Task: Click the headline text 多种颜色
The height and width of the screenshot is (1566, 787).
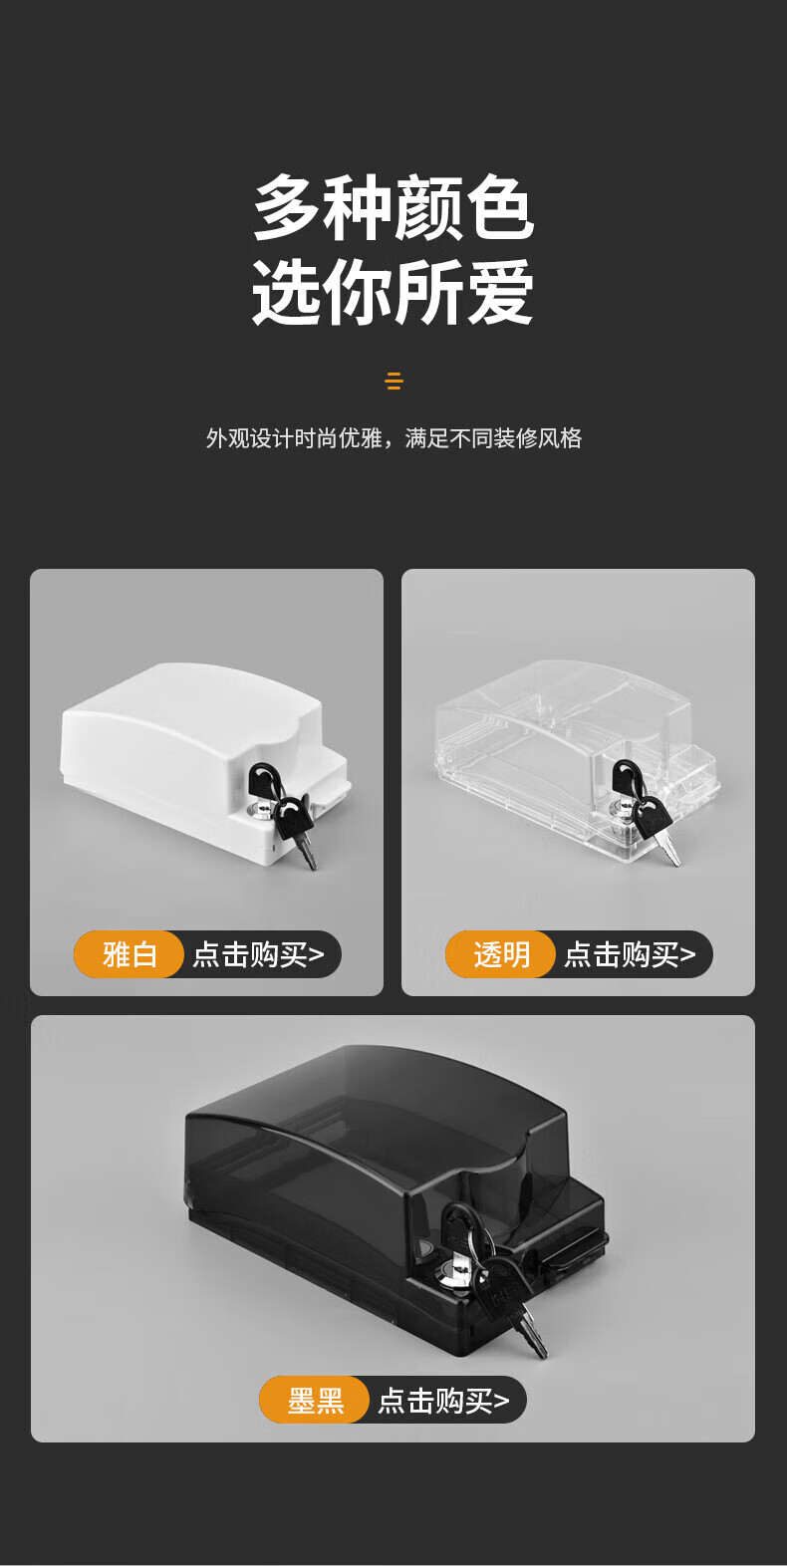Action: click(x=393, y=207)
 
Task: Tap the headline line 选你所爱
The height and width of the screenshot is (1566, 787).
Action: click(x=393, y=292)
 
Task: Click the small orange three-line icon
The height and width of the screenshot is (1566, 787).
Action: click(x=394, y=381)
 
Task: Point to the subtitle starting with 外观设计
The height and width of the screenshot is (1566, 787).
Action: click(x=393, y=438)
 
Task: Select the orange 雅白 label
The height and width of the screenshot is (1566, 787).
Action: click(x=130, y=954)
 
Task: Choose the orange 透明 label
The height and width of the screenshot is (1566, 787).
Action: click(x=500, y=954)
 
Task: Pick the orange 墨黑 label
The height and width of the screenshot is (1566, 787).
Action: click(x=315, y=1400)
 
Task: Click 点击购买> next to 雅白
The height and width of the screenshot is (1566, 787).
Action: click(x=259, y=954)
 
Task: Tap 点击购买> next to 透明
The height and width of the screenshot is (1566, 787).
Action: click(x=630, y=954)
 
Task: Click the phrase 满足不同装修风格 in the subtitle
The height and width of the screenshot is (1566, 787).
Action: click(x=493, y=438)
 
